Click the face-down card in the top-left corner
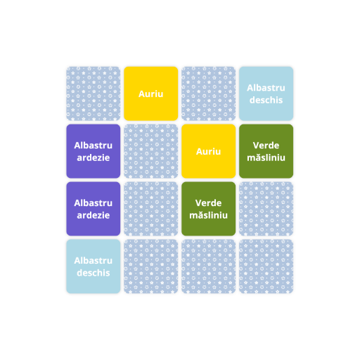click(x=94, y=94)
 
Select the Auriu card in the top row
click(x=151, y=94)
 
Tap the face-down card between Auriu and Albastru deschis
click(x=209, y=94)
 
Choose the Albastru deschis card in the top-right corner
click(x=266, y=94)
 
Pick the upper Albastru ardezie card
click(x=94, y=151)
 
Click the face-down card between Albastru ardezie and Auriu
click(x=151, y=151)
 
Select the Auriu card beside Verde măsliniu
click(x=209, y=151)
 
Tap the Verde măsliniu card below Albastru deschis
click(x=266, y=151)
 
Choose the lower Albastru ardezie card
click(x=94, y=209)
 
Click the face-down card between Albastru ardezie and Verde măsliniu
click(x=151, y=209)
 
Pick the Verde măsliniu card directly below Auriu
click(x=209, y=209)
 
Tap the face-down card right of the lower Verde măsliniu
click(x=266, y=209)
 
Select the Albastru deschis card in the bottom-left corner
click(x=94, y=266)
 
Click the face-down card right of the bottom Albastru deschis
click(x=151, y=266)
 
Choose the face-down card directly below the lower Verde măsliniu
click(x=209, y=266)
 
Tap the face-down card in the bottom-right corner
click(x=266, y=266)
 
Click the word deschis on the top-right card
click(x=266, y=100)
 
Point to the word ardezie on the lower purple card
click(x=94, y=215)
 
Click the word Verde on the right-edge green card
click(x=266, y=146)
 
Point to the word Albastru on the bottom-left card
click(x=94, y=261)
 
